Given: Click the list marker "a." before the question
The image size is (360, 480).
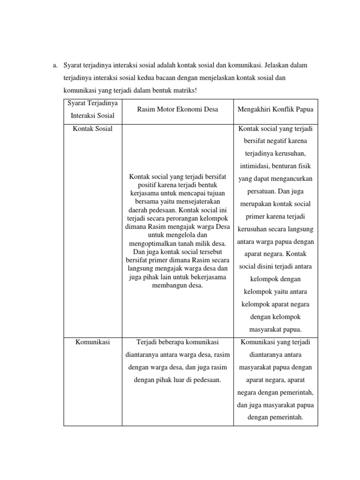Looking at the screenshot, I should (x=55, y=65).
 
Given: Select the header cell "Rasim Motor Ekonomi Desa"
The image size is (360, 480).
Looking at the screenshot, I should (x=177, y=109).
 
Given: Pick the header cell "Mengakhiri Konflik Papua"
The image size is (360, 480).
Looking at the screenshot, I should (x=276, y=109).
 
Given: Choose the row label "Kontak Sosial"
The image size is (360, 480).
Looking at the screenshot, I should (x=92, y=128).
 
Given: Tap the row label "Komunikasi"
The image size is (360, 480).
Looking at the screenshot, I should (x=92, y=342).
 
